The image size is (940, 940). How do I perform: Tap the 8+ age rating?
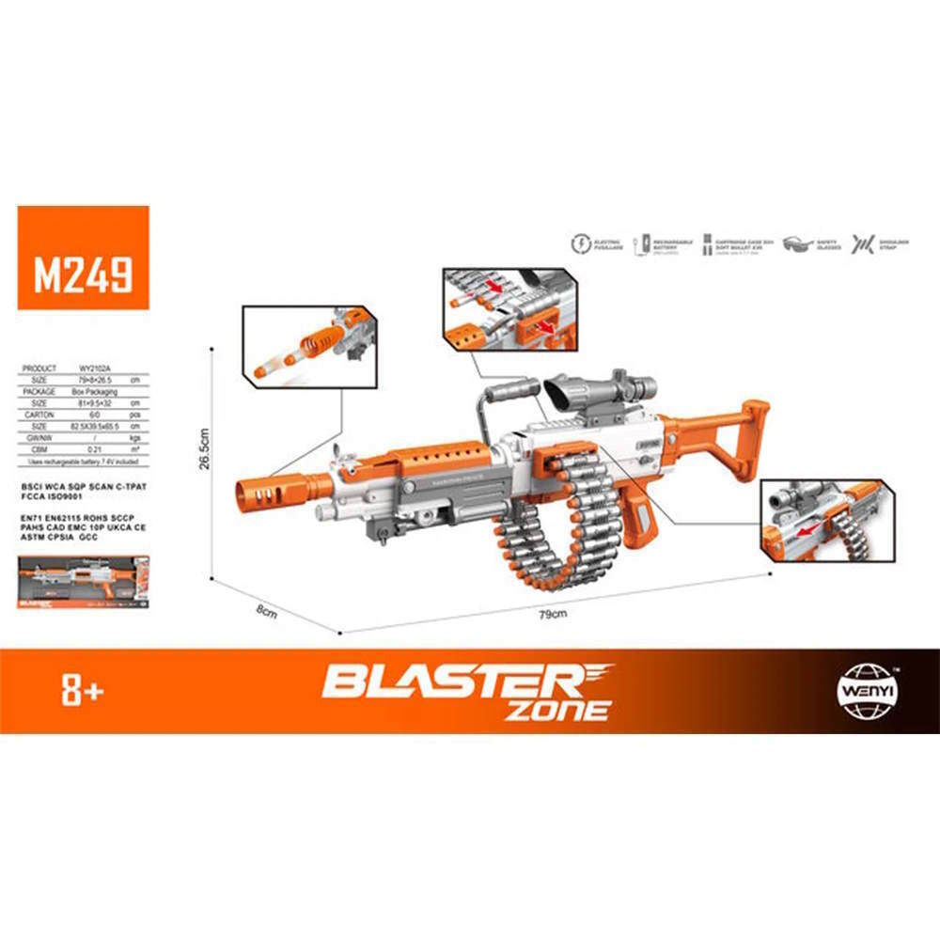coord(81,693)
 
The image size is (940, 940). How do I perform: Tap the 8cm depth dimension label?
coord(267,611)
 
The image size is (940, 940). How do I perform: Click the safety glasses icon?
coord(800,243)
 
